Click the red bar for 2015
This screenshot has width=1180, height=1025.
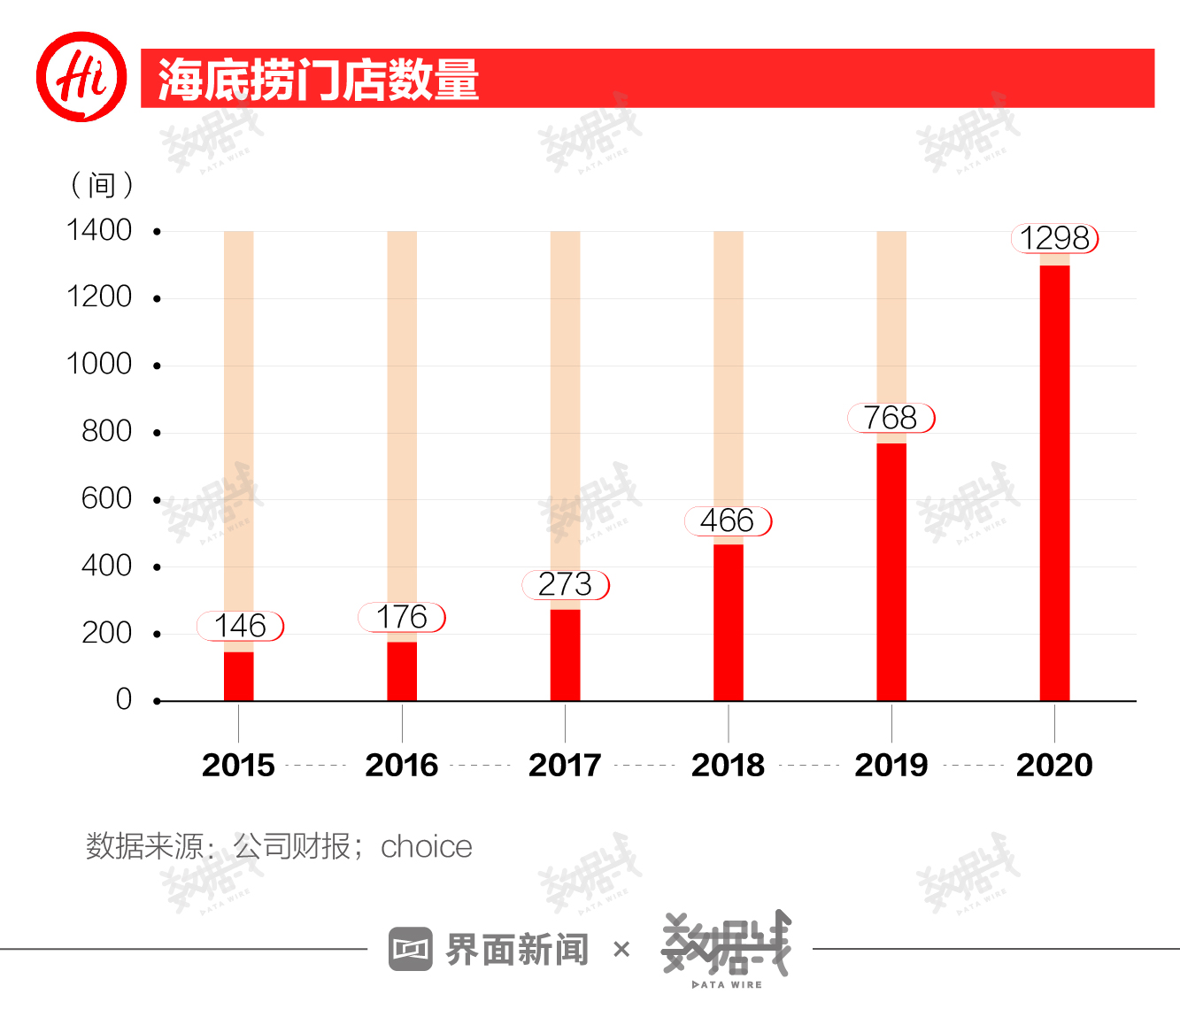pyautogui.click(x=238, y=676)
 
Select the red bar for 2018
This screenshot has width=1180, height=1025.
pyautogui.click(x=728, y=622)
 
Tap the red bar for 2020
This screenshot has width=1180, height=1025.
pyautogui.click(x=1054, y=482)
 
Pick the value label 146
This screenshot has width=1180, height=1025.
pyautogui.click(x=240, y=626)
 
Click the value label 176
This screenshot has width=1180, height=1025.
pyautogui.click(x=402, y=617)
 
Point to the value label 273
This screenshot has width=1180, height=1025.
pyautogui.click(x=565, y=584)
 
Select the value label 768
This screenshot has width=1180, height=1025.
pyautogui.click(x=891, y=418)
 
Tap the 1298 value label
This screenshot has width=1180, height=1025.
pyautogui.click(x=1054, y=238)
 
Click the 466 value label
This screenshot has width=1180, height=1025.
pyautogui.click(x=728, y=520)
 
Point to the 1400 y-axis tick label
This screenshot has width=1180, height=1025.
pyautogui.click(x=99, y=230)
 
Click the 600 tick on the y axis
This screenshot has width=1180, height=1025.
pyautogui.click(x=106, y=498)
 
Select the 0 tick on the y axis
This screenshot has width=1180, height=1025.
pyautogui.click(x=124, y=699)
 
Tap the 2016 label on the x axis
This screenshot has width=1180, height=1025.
pyautogui.click(x=402, y=765)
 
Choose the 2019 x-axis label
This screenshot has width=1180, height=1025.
pyautogui.click(x=891, y=765)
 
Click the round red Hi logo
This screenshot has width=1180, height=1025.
pyautogui.click(x=81, y=76)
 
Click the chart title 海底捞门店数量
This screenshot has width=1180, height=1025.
pyautogui.click(x=319, y=80)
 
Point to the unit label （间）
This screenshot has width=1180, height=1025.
pyautogui.click(x=102, y=185)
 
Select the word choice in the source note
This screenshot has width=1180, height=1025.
pyautogui.click(x=426, y=847)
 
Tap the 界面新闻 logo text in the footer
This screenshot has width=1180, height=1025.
pyautogui.click(x=516, y=950)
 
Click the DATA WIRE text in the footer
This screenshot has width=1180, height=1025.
pyautogui.click(x=727, y=984)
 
